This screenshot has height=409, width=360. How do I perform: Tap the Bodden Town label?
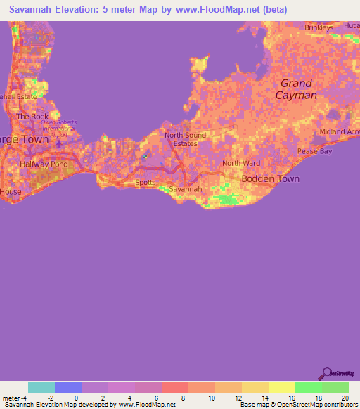tap(270, 178)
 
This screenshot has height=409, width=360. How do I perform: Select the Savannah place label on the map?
tap(186, 189)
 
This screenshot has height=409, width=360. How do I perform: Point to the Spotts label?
tap(146, 182)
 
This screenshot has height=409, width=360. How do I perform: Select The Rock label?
tap(32, 116)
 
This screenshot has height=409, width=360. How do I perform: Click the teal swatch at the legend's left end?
tap(41, 387)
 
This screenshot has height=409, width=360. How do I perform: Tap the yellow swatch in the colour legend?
tap(282, 387)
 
